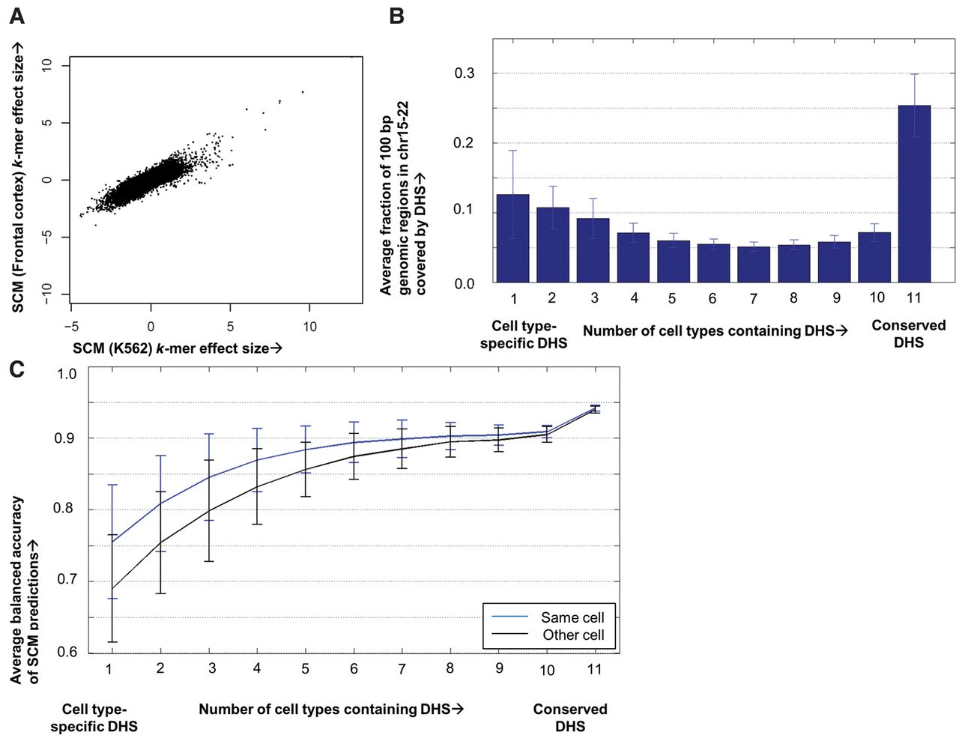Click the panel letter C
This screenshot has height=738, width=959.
coord(16,369)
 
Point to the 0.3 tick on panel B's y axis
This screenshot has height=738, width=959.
coord(465,73)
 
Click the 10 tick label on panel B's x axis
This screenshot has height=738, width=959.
coord(877,297)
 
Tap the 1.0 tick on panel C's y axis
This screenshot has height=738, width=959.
coord(67,374)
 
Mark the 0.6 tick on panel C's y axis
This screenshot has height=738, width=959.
coord(67,652)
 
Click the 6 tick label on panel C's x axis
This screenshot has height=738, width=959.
coord(354,668)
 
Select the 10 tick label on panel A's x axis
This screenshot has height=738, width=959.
coord(309,327)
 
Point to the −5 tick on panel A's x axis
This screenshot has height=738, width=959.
coord(71,327)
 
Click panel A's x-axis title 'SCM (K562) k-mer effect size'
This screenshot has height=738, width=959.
coord(177,348)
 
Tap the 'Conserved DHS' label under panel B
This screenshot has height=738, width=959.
coord(909,333)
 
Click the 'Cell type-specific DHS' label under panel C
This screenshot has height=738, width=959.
coord(94,718)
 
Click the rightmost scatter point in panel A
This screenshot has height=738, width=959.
coord(303,92)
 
